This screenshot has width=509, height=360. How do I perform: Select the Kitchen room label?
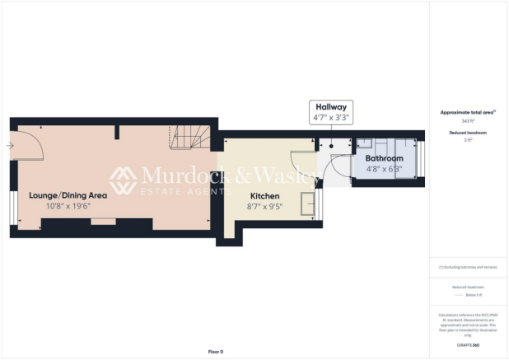(x=265, y=196)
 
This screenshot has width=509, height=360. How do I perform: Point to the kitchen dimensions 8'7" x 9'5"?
(x=265, y=207)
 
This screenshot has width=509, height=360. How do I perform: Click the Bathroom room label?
(x=384, y=158)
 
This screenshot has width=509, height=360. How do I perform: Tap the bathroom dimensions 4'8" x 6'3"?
(x=384, y=169)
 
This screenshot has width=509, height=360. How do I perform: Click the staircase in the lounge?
(x=189, y=138)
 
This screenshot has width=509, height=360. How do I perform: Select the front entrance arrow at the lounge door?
(x=9, y=147)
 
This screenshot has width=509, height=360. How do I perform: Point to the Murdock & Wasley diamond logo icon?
(x=124, y=180)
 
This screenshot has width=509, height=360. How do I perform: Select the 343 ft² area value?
(x=468, y=121)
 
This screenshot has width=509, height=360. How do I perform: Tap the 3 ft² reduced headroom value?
(x=468, y=140)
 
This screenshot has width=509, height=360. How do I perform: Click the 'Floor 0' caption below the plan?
(x=215, y=352)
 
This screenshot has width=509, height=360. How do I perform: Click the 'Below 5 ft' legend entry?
(x=468, y=294)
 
